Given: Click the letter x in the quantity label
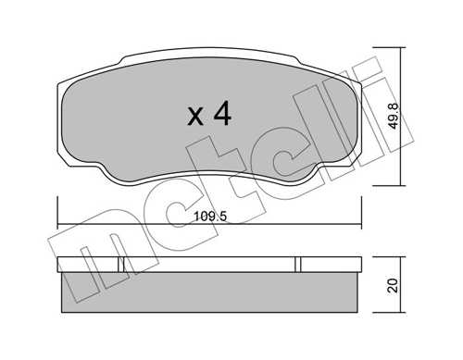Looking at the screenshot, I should [195, 118].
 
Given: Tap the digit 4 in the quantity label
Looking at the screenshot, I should [221, 114].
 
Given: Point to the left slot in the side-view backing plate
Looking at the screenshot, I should [122, 265].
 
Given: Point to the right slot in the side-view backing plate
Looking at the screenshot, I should [299, 265].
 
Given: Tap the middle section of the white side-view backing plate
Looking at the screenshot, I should [211, 265].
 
